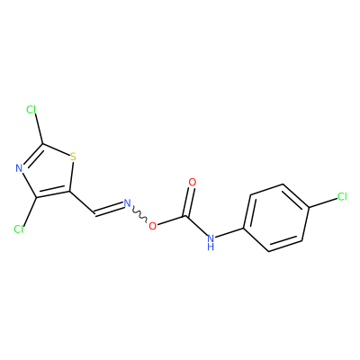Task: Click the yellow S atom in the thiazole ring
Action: click(x=73, y=157)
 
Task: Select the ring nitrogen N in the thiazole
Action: click(x=19, y=168)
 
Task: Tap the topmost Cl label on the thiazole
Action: click(x=31, y=110)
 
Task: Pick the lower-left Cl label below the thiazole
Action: click(x=19, y=229)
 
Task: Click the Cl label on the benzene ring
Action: click(x=342, y=197)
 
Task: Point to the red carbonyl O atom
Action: click(x=193, y=182)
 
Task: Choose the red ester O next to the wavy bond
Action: click(x=153, y=226)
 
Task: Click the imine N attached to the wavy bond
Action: click(x=128, y=203)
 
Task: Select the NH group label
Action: click(x=211, y=242)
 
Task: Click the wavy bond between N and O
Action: click(x=139, y=214)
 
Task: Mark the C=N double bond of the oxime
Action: click(x=109, y=209)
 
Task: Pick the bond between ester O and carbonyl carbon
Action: click(x=173, y=220)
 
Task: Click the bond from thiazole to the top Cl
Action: click(x=38, y=129)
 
